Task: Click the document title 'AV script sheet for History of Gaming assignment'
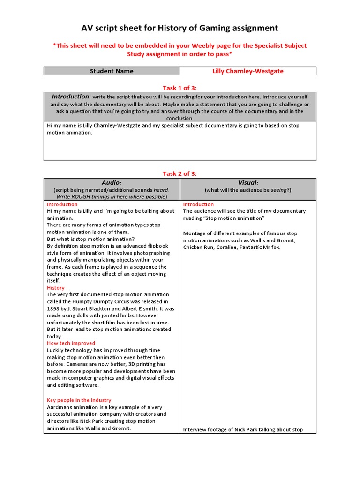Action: [x=180, y=28]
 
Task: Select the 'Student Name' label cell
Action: [x=112, y=71]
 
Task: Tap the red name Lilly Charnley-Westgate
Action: [x=247, y=71]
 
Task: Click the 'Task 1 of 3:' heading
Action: [x=180, y=87]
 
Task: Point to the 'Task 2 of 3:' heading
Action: [x=180, y=173]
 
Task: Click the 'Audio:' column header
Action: [x=112, y=182]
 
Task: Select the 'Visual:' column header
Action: [x=247, y=182]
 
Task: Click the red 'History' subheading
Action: [x=56, y=288]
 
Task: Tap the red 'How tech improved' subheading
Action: [x=71, y=343]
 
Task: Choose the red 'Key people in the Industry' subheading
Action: [x=79, y=400]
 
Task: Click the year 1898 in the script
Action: [x=54, y=308]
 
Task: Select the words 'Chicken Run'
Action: [x=199, y=247]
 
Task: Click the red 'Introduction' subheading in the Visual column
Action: [x=198, y=204]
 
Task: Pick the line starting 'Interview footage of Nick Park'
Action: [x=243, y=429]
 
